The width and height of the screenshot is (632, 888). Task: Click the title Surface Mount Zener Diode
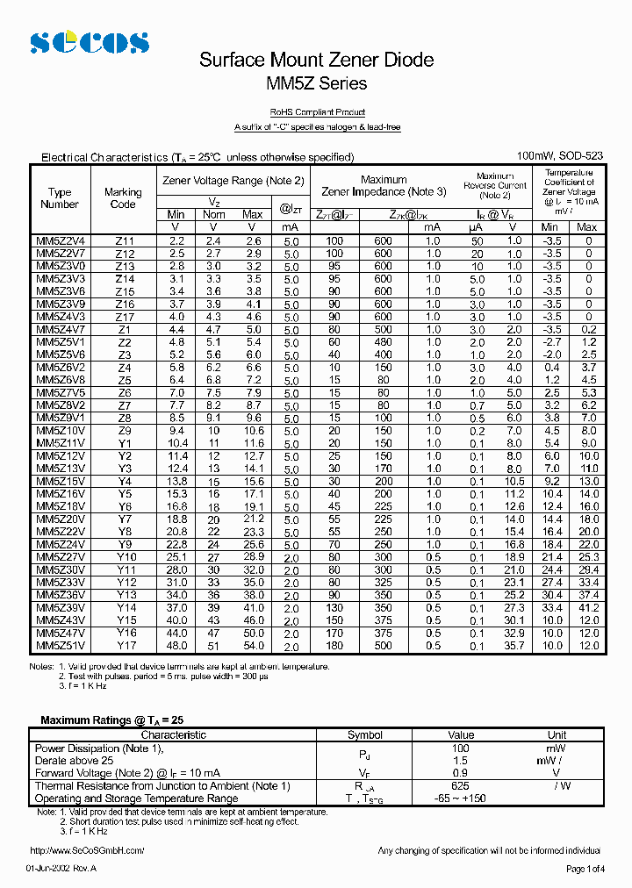click(x=316, y=60)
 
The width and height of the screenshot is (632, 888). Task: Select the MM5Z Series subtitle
click(x=316, y=84)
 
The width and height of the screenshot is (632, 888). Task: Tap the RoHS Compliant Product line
click(x=317, y=112)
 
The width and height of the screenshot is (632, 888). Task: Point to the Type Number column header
click(x=60, y=198)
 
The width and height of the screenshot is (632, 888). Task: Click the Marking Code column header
click(x=123, y=198)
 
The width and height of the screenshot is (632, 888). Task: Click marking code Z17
click(x=124, y=317)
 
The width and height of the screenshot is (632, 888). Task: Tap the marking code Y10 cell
click(x=126, y=557)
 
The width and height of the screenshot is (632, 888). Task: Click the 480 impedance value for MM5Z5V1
click(x=383, y=341)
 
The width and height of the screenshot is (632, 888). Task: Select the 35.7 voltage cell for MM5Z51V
click(x=514, y=646)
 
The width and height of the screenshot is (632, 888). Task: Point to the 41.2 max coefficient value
click(x=588, y=607)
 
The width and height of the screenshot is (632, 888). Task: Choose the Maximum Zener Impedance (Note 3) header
click(x=384, y=185)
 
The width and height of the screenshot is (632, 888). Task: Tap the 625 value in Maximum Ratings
click(x=460, y=786)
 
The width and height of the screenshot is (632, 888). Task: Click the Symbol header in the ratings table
click(x=365, y=735)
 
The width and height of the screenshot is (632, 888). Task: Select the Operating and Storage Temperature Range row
click(x=136, y=798)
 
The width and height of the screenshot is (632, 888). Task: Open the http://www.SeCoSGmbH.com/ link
click(x=87, y=850)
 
